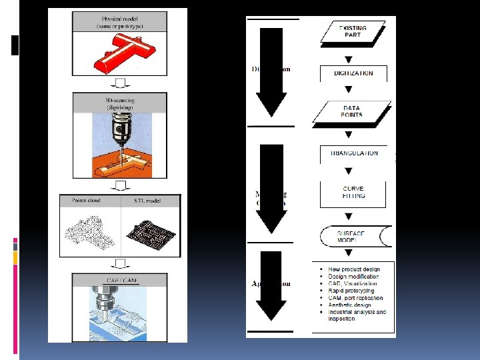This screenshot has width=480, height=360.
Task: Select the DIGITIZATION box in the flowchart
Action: tap(353, 73)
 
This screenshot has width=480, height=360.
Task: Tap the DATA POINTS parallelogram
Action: tap(352, 111)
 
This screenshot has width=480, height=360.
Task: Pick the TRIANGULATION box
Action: tap(354, 153)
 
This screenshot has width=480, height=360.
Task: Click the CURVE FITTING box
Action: tap(353, 192)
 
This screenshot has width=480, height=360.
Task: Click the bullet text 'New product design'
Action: tap(354, 269)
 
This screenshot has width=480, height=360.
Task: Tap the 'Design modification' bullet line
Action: tap(353, 276)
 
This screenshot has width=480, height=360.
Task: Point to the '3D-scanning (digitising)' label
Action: tap(117, 103)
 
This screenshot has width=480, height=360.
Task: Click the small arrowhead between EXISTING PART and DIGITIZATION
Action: tap(348, 59)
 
